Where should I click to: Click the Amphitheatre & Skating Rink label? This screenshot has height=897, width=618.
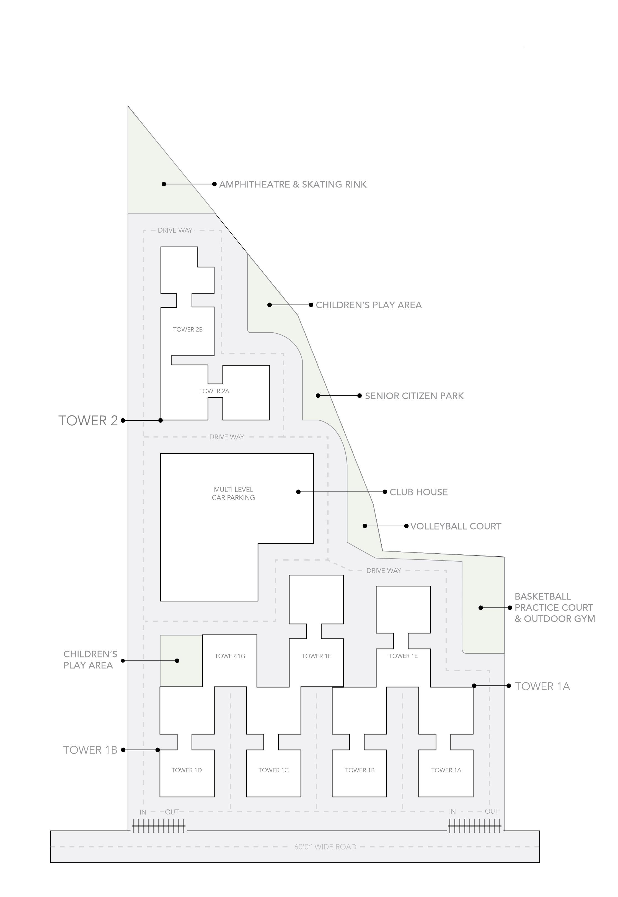[x=293, y=184]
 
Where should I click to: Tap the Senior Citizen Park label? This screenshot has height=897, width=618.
[x=414, y=396]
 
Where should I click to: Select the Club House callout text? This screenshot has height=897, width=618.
[x=418, y=492]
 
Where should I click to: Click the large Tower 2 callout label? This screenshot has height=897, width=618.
[x=88, y=421]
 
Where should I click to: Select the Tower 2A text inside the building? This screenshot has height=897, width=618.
[x=214, y=391]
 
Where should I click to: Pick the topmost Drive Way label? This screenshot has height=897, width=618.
[x=175, y=230]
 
